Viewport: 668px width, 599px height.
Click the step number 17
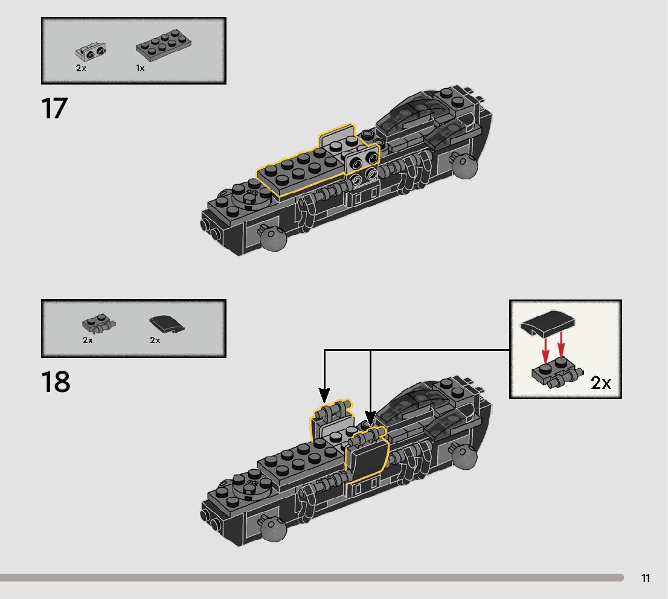(54, 109)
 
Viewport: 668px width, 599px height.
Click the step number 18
(56, 382)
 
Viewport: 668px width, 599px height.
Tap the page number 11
(646, 578)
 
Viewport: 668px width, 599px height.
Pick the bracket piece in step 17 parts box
(89, 53)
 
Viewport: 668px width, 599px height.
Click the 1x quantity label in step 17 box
(140, 68)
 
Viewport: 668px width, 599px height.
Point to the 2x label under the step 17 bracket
(81, 68)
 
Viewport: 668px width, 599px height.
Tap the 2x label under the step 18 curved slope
(155, 340)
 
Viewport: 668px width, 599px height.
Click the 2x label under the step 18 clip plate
(88, 340)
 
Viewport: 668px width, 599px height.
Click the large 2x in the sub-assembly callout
(601, 382)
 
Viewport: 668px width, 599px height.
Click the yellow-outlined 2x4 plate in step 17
(300, 168)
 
